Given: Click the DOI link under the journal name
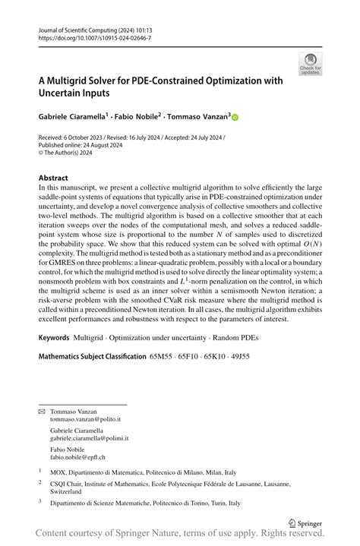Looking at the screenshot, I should tap(94, 37).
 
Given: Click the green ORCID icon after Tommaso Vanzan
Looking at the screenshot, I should tap(235, 118).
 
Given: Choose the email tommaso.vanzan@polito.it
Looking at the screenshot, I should tap(85, 419).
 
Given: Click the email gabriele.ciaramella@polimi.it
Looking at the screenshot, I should tap(89, 438).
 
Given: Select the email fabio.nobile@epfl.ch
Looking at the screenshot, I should tap(77, 457).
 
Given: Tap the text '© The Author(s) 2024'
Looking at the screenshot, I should tap(71, 151).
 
